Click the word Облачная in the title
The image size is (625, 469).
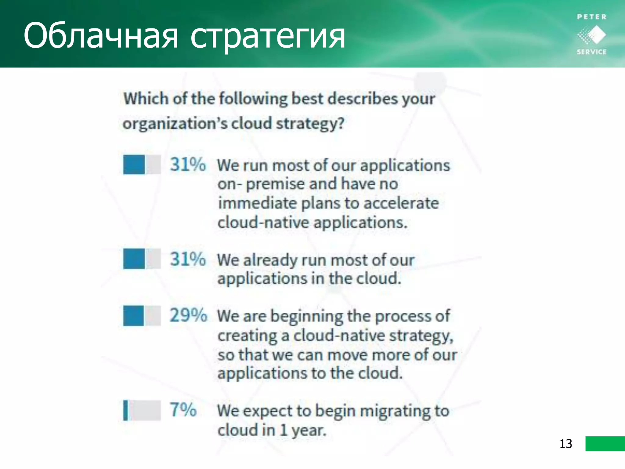(x=101, y=36)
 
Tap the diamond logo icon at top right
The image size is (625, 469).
(x=591, y=35)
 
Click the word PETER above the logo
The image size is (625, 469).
(x=591, y=17)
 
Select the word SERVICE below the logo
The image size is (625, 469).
(x=591, y=52)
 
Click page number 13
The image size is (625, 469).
(x=565, y=444)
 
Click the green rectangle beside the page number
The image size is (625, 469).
(x=605, y=444)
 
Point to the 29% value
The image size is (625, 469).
(x=188, y=315)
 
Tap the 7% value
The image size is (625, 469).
(x=183, y=409)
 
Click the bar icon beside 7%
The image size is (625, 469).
(x=142, y=410)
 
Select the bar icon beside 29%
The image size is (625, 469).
(x=142, y=315)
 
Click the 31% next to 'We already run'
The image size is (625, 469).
(x=188, y=259)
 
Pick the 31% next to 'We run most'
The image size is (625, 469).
(x=188, y=164)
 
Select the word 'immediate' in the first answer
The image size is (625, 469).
(x=257, y=203)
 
